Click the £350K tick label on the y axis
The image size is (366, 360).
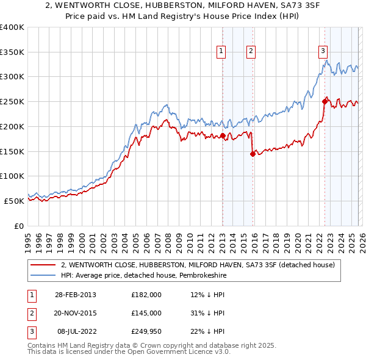point(12,52)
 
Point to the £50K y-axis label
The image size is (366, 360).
point(14,201)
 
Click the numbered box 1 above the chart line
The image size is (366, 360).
point(220,52)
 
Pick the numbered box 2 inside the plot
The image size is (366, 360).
point(251,52)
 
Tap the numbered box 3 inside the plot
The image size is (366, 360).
point(323,52)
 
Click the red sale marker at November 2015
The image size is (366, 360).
point(253,154)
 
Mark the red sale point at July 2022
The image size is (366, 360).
point(325,102)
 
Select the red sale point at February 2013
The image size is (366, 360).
point(223,135)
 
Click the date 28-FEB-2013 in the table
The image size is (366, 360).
point(75,294)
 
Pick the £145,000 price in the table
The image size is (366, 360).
point(146,312)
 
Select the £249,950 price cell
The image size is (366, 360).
point(146,331)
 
